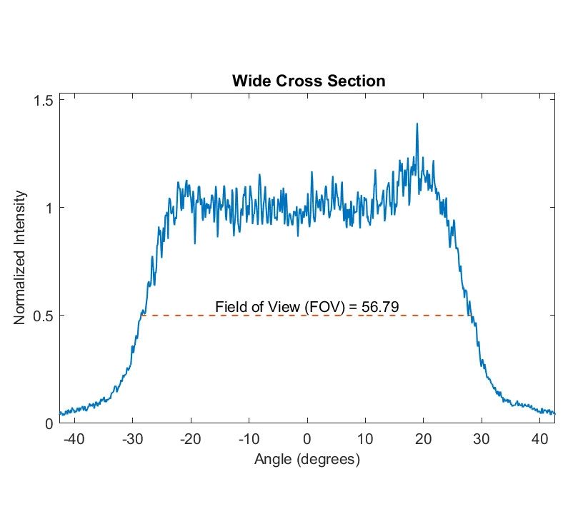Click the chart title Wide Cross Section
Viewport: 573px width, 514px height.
pyautogui.click(x=309, y=81)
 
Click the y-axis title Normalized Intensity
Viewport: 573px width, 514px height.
pyautogui.click(x=21, y=258)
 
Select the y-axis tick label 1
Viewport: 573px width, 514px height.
pyautogui.click(x=49, y=208)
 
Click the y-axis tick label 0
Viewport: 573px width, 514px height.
pyautogui.click(x=49, y=423)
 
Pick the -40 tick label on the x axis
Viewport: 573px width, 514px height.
pyautogui.click(x=74, y=440)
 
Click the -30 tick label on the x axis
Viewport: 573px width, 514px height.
pyautogui.click(x=132, y=440)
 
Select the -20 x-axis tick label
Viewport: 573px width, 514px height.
pyautogui.click(x=191, y=440)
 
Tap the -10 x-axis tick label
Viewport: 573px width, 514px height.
pyautogui.click(x=249, y=440)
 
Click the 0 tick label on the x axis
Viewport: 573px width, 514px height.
pyautogui.click(x=307, y=440)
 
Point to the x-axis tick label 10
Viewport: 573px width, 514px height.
pyautogui.click(x=365, y=440)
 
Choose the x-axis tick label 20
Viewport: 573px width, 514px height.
pyautogui.click(x=424, y=440)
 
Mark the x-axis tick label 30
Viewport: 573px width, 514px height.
pyautogui.click(x=482, y=440)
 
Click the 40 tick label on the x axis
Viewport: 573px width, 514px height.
pyautogui.click(x=540, y=440)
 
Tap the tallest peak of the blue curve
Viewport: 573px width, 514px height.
pyautogui.click(x=417, y=124)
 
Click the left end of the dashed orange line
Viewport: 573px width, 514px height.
pyautogui.click(x=142, y=315)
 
